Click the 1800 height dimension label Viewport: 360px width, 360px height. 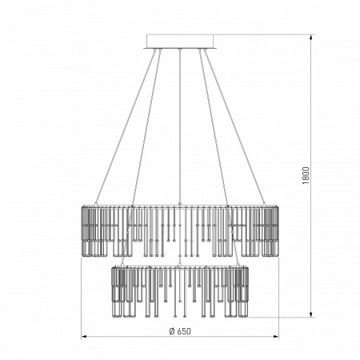(306, 175)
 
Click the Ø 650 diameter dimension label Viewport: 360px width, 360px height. (180, 331)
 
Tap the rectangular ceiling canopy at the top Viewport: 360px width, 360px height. (180, 41)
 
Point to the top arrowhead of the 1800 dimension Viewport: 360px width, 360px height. (311, 38)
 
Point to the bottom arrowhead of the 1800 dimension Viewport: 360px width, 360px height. (311, 314)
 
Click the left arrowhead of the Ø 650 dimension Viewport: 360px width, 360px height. (84, 337)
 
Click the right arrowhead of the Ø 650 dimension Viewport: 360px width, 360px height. (276, 337)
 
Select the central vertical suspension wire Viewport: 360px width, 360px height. (180, 126)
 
